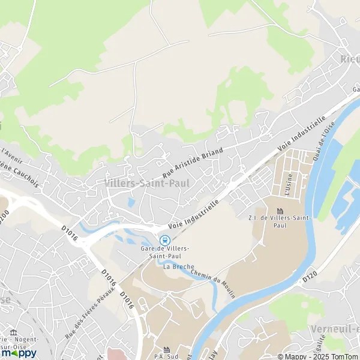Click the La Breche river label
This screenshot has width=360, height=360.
(x=175, y=266)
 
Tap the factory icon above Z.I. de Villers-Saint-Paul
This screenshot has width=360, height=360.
(x=280, y=211)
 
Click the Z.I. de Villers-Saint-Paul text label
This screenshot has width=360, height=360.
(x=280, y=222)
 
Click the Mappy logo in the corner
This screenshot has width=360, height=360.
(x=19, y=353)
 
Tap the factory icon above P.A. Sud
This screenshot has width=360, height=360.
(x=167, y=349)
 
